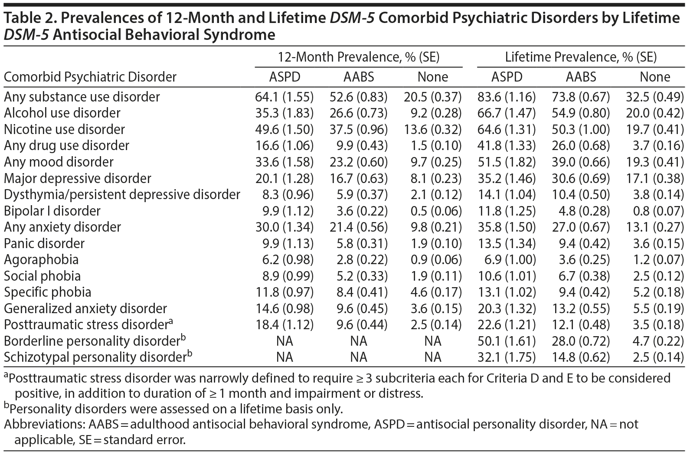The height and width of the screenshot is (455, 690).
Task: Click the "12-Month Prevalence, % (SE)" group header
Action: [x=359, y=57]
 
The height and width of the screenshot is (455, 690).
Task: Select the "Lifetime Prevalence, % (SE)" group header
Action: [x=581, y=57]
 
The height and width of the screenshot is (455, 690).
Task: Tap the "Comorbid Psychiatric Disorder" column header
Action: [x=90, y=77]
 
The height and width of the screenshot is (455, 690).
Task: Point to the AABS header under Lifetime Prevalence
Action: [x=581, y=77]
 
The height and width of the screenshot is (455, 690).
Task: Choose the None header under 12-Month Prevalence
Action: [x=432, y=77]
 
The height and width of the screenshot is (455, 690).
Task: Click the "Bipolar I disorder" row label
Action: [x=52, y=211]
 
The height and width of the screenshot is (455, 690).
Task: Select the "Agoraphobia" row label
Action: [x=41, y=260]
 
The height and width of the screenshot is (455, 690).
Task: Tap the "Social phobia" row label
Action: [x=42, y=276]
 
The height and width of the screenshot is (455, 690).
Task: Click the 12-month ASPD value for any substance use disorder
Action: [x=284, y=97]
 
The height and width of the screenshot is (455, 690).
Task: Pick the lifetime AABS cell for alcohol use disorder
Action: [x=581, y=113]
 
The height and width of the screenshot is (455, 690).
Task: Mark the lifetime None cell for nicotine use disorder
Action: [x=655, y=129]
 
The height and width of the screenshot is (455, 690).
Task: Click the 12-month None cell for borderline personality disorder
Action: [x=432, y=341]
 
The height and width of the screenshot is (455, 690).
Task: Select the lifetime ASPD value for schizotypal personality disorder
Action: [x=507, y=357]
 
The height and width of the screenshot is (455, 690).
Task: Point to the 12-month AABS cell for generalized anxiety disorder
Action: [x=359, y=309]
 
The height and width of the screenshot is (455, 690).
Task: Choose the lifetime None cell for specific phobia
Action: [x=655, y=292]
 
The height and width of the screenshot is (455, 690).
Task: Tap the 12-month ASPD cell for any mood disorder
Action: [x=284, y=162]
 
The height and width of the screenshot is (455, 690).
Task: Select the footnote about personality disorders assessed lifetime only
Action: [x=173, y=409]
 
